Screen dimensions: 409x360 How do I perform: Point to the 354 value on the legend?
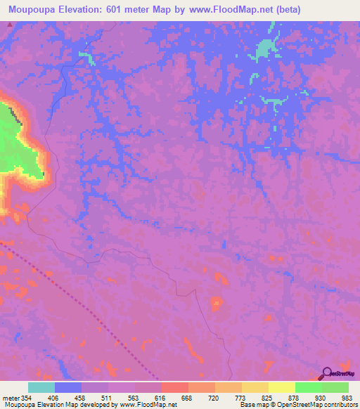[26, 397]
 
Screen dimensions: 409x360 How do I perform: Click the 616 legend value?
[160, 397]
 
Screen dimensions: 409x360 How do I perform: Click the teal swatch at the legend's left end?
[41, 387]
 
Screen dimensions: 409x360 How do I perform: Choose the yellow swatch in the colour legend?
[281, 387]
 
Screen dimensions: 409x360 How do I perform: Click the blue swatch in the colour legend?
[68, 387]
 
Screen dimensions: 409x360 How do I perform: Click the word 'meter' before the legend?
[10, 397]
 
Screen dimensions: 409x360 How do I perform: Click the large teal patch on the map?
[265, 49]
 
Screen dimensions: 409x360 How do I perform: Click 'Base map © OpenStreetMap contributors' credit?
[296, 405]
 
